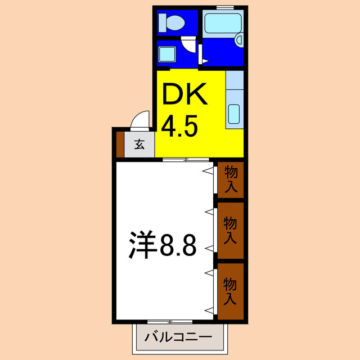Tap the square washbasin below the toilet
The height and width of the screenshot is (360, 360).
click(x=168, y=55)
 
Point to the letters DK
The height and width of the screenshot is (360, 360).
click(x=185, y=94)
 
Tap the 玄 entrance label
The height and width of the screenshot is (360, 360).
click(x=139, y=145)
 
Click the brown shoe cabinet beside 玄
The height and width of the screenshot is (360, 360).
click(x=120, y=144)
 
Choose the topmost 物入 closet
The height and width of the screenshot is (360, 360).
click(x=231, y=179)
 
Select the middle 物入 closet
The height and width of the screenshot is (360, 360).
click(x=231, y=231)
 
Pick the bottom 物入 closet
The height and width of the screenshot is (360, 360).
click(x=231, y=291)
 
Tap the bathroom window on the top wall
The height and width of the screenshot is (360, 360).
click(x=225, y=7)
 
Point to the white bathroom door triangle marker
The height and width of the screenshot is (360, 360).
click(x=201, y=57)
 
